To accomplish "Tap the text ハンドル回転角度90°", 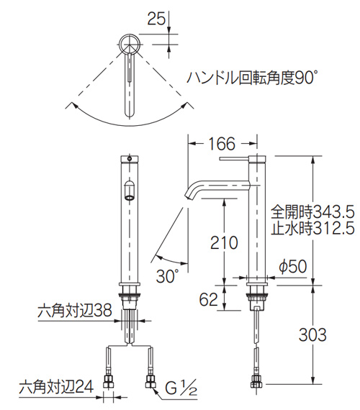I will [253, 76].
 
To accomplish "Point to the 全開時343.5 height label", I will [313, 212].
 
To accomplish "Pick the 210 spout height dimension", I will [224, 243].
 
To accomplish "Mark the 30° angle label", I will [166, 275].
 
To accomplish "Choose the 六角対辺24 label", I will [55, 387].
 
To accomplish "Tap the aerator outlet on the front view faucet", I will [129, 191].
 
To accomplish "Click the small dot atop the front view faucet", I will [130, 158].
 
